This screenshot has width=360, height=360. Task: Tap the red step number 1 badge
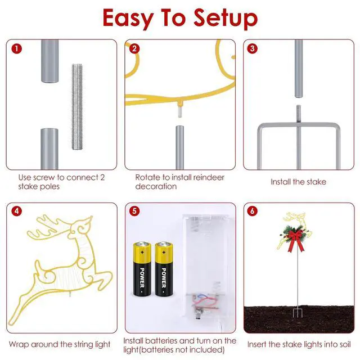pyautogui.click(x=17, y=49)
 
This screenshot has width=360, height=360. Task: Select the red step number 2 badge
pyautogui.click(x=134, y=49)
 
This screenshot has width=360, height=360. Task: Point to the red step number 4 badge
pyautogui.click(x=17, y=211)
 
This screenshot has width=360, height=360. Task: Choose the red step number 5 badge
pyautogui.click(x=134, y=211)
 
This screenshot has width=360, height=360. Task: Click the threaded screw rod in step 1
pyautogui.click(x=78, y=107)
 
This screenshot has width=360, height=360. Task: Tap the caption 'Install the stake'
pyautogui.click(x=298, y=182)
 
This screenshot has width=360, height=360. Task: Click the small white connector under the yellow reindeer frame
pyautogui.click(x=179, y=113)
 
